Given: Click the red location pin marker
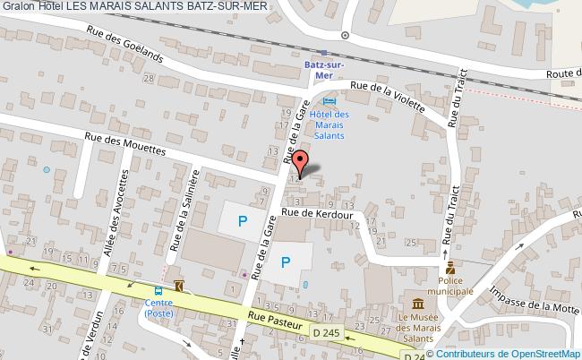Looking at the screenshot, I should [303, 161].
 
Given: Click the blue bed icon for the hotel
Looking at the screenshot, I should [330, 103].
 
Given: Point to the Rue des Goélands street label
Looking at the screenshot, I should [124, 42].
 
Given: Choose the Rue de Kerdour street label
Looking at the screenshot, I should [320, 213].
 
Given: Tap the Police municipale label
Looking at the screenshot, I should [451, 285].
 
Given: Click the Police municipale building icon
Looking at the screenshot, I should [451, 267].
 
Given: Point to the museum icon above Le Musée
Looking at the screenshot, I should [415, 303].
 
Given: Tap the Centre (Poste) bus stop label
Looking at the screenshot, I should [158, 308].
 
